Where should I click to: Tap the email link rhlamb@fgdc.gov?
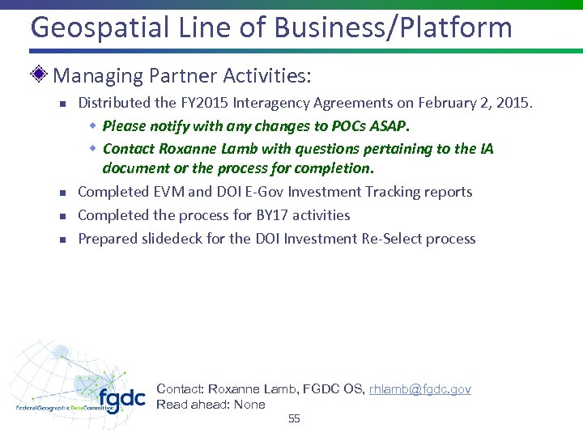point(419,389)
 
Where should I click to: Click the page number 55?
point(294,418)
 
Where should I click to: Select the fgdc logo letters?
point(121,399)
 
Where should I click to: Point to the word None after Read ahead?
point(249,405)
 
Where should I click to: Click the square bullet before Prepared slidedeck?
point(61,240)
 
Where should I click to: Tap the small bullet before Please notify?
point(93,126)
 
